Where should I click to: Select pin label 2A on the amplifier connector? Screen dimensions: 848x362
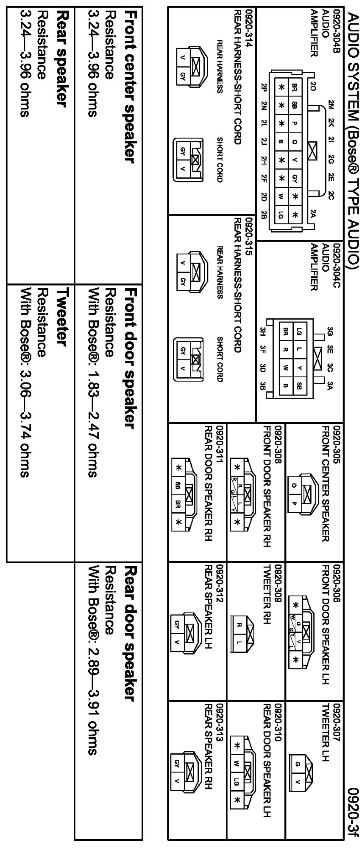coord(312,215)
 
